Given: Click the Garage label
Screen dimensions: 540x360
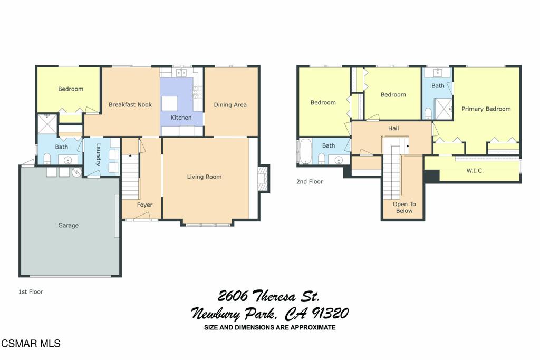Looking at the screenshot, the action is pyautogui.click(x=68, y=226).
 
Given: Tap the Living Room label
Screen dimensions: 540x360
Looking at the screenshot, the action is pyautogui.click(x=204, y=177).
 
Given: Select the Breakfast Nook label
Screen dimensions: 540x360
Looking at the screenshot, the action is pyautogui.click(x=130, y=105).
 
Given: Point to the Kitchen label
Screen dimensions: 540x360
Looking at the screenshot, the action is pyautogui.click(x=181, y=118).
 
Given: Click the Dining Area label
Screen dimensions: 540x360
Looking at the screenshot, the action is pyautogui.click(x=230, y=105).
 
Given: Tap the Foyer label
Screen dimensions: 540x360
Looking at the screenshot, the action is pyautogui.click(x=144, y=205).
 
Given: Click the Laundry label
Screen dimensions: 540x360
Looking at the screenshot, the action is pyautogui.click(x=98, y=154).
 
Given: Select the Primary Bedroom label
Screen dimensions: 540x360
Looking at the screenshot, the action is pyautogui.click(x=486, y=109).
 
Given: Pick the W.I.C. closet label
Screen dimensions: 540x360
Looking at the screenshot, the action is pyautogui.click(x=475, y=170).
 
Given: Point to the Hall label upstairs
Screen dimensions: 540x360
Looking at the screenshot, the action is pyautogui.click(x=393, y=129).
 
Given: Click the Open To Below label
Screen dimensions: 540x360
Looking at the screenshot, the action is pyautogui.click(x=404, y=208).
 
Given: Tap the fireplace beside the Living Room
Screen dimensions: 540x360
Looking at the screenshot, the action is pyautogui.click(x=264, y=178).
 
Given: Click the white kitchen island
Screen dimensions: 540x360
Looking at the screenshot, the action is pyautogui.click(x=169, y=103).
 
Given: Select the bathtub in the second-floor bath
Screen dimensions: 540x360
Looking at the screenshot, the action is pyautogui.click(x=305, y=151).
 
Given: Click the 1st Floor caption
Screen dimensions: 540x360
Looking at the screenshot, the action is pyautogui.click(x=31, y=292).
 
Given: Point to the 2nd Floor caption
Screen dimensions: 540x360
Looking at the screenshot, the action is pyautogui.click(x=310, y=182).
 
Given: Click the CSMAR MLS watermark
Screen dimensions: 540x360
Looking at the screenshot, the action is pyautogui.click(x=31, y=344).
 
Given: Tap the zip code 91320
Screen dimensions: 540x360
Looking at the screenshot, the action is pyautogui.click(x=330, y=314).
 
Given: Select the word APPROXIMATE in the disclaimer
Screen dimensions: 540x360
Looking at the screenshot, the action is pyautogui.click(x=313, y=327).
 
